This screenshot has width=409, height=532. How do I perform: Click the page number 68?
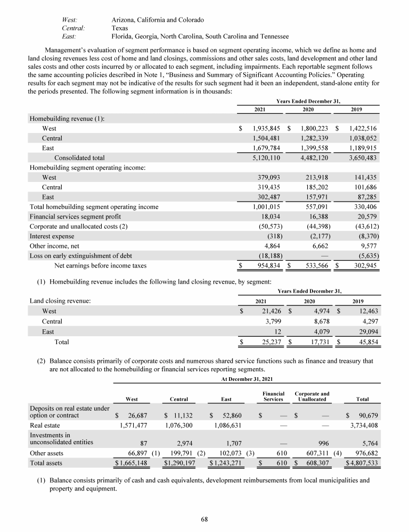[x=204, y=519]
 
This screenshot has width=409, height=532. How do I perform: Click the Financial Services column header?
[x=273, y=396]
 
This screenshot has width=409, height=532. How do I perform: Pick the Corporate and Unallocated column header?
[x=312, y=396]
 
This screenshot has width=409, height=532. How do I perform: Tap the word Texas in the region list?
[x=120, y=28]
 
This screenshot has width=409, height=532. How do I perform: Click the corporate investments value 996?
[x=324, y=442]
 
